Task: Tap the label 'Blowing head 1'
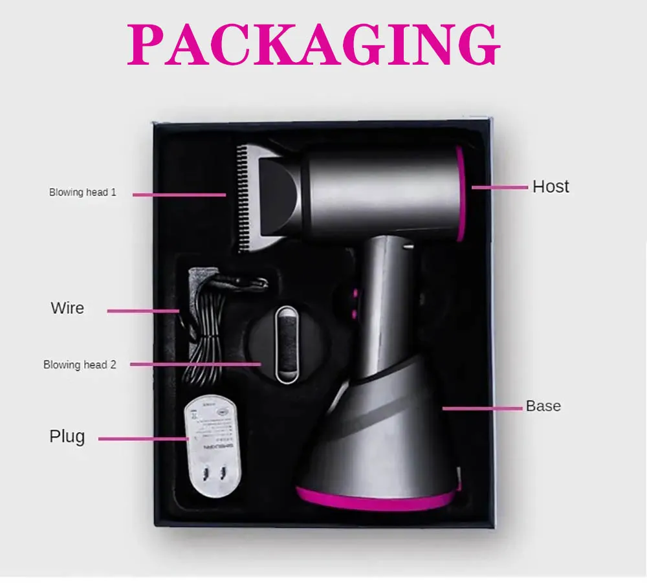click(x=83, y=192)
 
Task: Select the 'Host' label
click(x=551, y=186)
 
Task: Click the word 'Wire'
click(x=67, y=307)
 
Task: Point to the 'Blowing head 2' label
click(x=80, y=365)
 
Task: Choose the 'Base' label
click(x=543, y=406)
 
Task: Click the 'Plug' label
click(x=67, y=437)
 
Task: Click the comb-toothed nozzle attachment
click(x=259, y=194)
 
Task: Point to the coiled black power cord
click(x=207, y=330)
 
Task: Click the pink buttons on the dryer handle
click(x=354, y=304)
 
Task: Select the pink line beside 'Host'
click(x=499, y=188)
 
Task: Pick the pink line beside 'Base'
click(x=482, y=408)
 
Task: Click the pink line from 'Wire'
click(x=143, y=311)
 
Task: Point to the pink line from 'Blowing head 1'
click(x=180, y=194)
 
